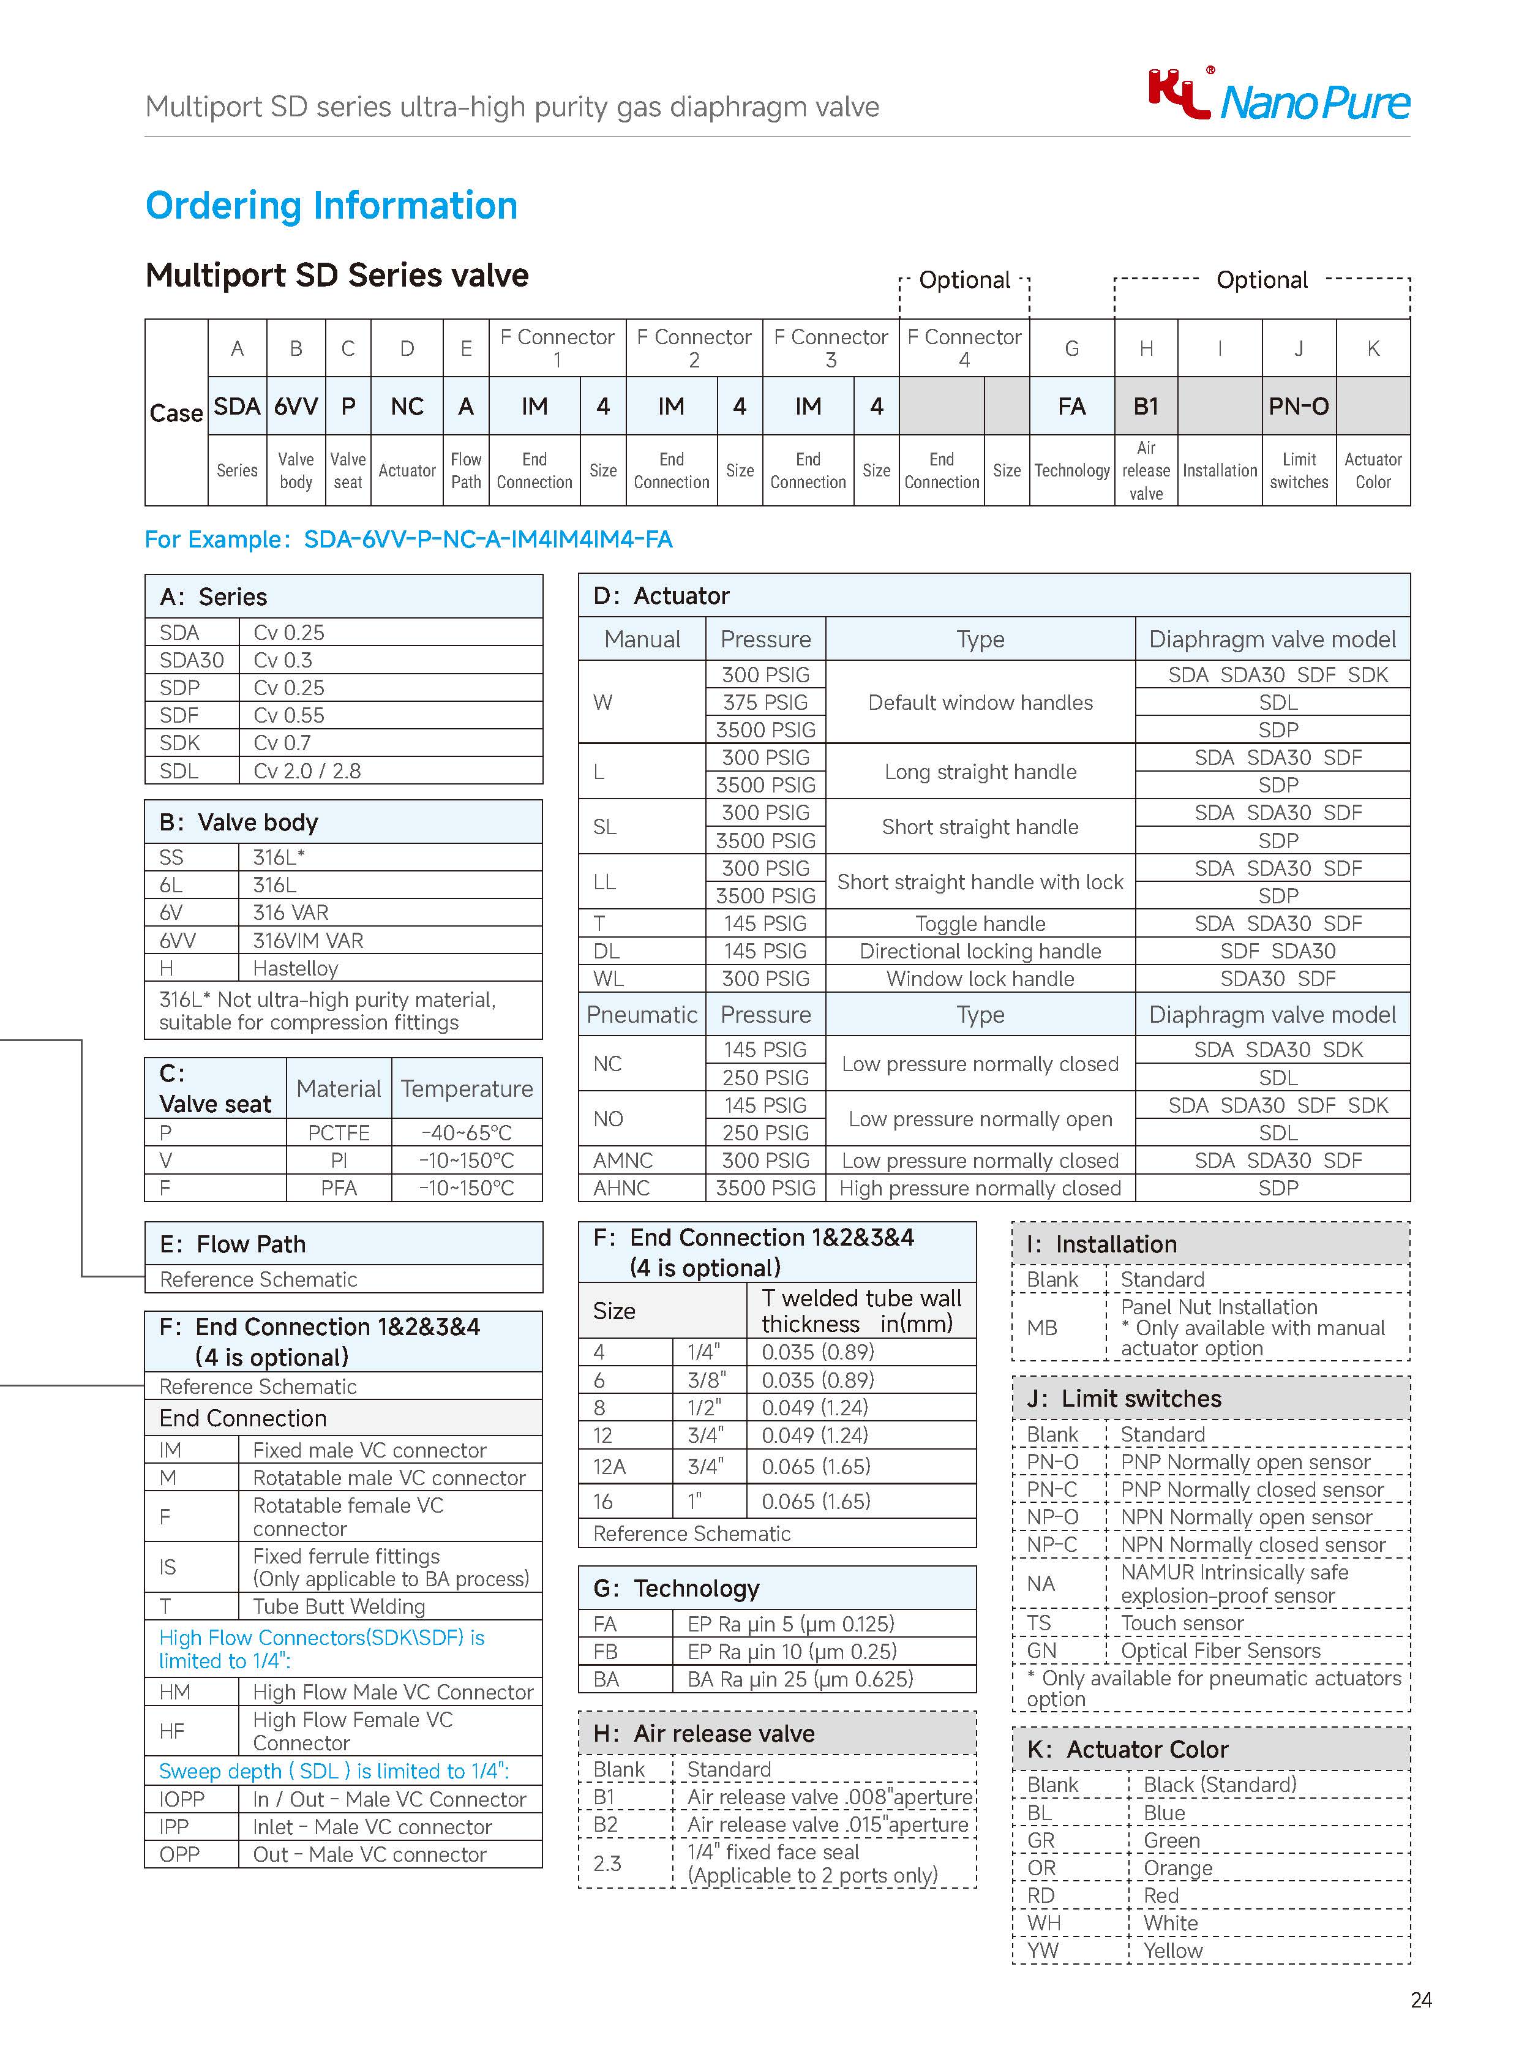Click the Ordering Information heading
331,205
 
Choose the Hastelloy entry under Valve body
295,968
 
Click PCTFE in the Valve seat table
339,1132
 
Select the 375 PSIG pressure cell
765,702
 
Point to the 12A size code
610,1466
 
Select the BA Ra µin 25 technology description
800,1679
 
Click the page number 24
1420,2000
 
